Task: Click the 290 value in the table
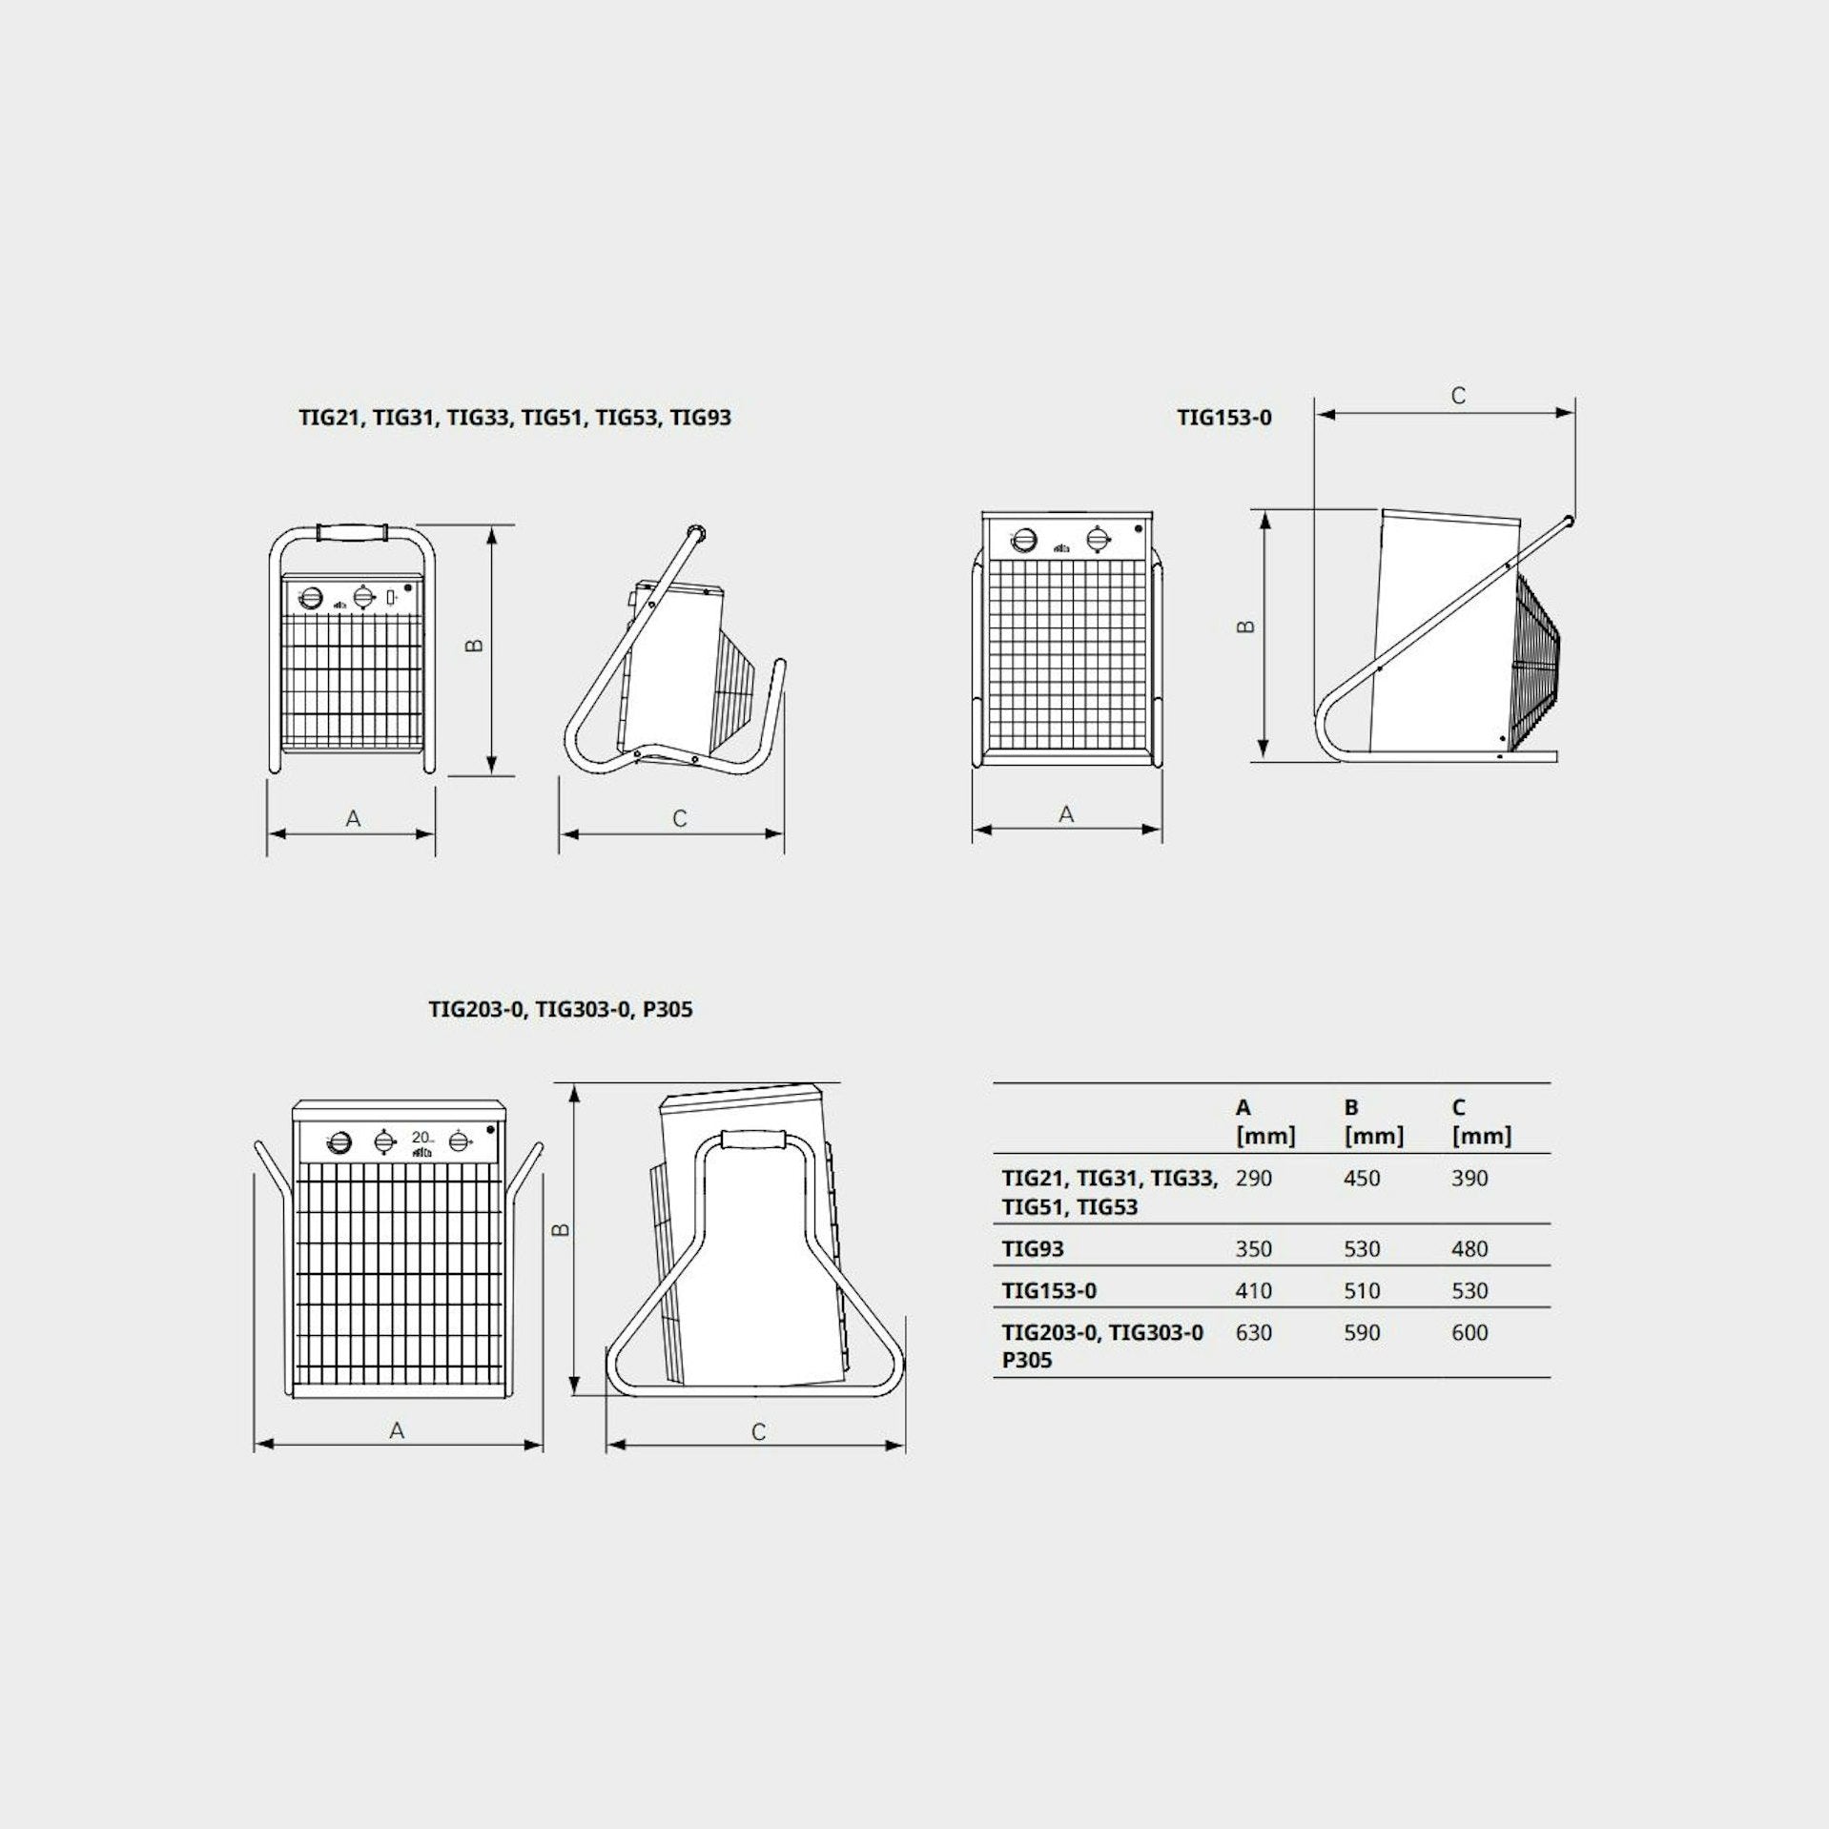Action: click(x=1253, y=1179)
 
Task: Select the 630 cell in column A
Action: click(x=1253, y=1333)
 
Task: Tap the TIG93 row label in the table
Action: click(x=1033, y=1249)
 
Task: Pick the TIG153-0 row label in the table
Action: click(x=1049, y=1291)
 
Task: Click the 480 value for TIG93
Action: click(x=1469, y=1249)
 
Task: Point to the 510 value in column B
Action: click(x=1362, y=1291)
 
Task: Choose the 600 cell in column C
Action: click(x=1469, y=1333)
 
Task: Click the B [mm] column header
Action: click(x=1373, y=1122)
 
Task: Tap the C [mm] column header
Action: click(x=1481, y=1122)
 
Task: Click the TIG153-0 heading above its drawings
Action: click(x=1224, y=418)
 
